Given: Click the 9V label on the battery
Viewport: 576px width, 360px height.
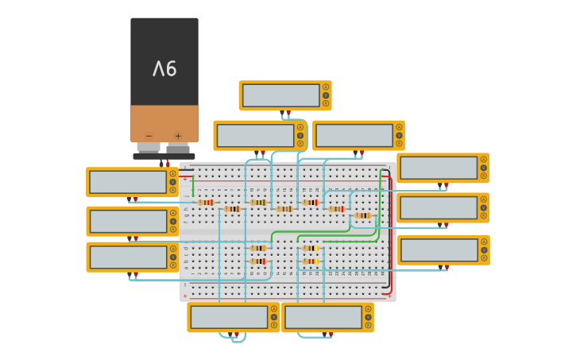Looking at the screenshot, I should pos(164,69).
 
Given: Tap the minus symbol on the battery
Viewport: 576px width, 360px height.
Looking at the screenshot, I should pos(149,136).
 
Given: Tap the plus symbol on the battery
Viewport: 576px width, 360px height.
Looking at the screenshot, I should pos(178,136).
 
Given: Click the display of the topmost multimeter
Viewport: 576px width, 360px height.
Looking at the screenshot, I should pos(280,95).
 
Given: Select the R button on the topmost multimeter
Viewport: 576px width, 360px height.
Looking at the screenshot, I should pos(325,103).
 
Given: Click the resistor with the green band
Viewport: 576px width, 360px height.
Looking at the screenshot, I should pos(257,202).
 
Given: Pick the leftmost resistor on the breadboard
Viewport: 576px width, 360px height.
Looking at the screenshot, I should pos(206,202).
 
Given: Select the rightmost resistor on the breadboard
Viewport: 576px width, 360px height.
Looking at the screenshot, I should pos(362,215).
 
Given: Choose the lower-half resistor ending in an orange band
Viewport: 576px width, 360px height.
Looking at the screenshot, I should pos(257,248).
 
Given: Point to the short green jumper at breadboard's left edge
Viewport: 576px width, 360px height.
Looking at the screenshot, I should pos(192,187).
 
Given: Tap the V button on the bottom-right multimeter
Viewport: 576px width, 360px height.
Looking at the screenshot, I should pos(368,316).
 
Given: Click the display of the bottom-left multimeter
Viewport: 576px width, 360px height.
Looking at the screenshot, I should pos(229,317).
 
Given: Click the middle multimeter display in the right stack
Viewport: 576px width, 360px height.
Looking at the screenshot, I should pos(438,207).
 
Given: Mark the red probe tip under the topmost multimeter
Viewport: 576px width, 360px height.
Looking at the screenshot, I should pos(288,113).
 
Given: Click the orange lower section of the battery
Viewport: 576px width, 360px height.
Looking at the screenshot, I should pos(164,123).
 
